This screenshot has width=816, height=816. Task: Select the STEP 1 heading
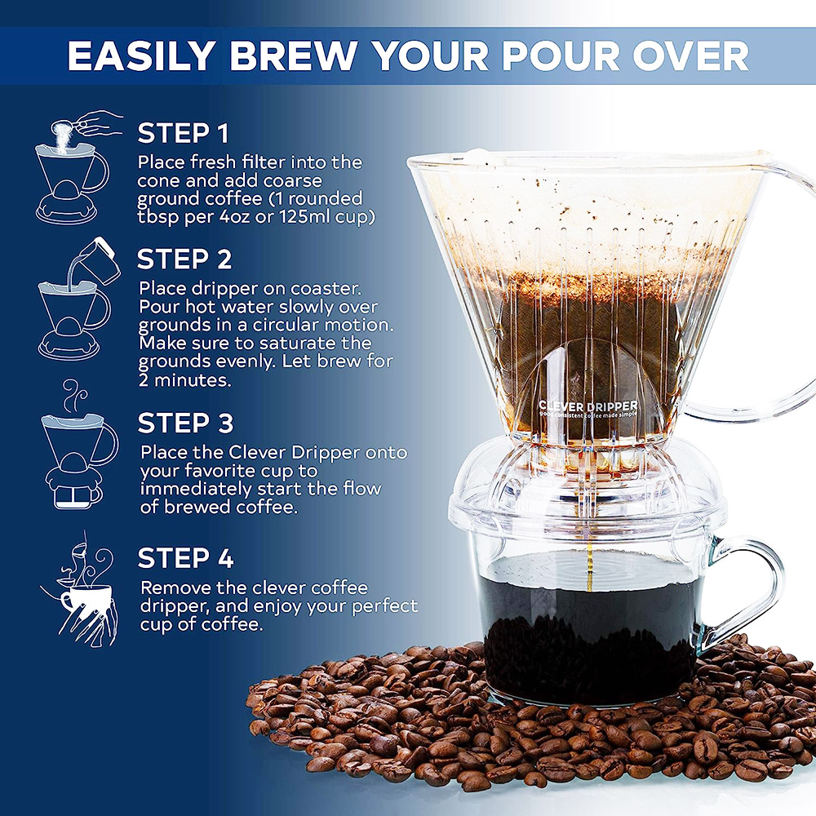pyautogui.click(x=183, y=133)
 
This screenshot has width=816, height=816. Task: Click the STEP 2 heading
pyautogui.click(x=184, y=259)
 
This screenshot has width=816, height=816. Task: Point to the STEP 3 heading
pyautogui.click(x=186, y=423)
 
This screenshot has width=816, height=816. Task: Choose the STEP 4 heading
pyautogui.click(x=186, y=558)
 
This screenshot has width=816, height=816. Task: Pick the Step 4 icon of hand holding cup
pyautogui.click(x=83, y=591)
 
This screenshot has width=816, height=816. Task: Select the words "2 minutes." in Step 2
pyautogui.click(x=185, y=380)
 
